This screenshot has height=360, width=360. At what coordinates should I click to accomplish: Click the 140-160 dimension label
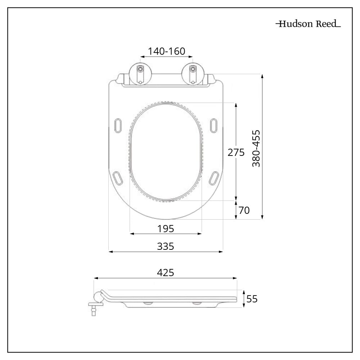166,51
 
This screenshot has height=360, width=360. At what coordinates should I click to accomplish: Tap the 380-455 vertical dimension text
256,148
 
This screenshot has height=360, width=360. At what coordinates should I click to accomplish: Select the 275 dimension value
236,152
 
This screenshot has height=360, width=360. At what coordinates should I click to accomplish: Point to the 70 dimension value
244,210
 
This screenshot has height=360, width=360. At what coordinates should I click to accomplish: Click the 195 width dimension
166,229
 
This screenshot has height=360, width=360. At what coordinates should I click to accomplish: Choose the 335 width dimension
166,246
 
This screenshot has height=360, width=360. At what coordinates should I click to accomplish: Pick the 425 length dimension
166,273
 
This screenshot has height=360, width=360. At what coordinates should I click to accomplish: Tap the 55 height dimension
252,299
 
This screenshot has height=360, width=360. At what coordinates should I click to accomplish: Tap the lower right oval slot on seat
214,177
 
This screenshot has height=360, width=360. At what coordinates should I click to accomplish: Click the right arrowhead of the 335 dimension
221,252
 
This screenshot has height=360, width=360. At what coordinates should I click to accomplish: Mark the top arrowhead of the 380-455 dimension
262,76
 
